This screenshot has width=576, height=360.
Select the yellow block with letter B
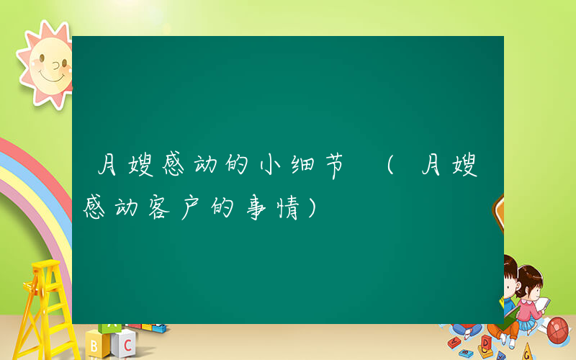95,344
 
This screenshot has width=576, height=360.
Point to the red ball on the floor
559,329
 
